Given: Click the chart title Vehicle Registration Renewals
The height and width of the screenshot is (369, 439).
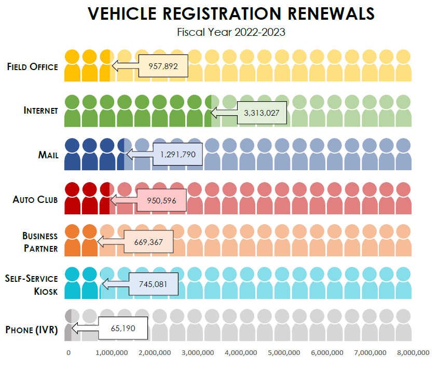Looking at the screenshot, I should (231, 14).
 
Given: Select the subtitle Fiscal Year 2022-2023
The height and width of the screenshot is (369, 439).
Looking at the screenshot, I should (231, 32).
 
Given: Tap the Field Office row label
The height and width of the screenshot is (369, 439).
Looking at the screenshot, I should (32, 66).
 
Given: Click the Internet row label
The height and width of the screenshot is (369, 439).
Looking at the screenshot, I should (41, 111).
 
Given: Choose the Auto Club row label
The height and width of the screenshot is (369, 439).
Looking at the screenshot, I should (35, 199).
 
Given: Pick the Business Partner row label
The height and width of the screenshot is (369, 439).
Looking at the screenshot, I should (40, 242).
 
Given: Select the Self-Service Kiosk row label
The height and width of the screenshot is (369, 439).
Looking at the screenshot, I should (32, 285).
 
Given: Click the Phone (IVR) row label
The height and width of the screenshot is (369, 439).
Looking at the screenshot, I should (32, 330).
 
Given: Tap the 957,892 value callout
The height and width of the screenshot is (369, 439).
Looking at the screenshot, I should (163, 66).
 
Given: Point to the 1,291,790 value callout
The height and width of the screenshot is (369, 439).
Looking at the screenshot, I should (178, 155).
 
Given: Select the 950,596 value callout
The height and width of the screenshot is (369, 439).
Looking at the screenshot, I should (162, 199).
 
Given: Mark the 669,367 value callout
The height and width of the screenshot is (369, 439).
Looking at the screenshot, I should (148, 242).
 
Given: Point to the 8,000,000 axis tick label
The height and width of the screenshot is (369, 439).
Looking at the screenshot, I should (413, 353).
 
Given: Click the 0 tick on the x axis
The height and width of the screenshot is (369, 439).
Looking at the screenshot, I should (68, 353).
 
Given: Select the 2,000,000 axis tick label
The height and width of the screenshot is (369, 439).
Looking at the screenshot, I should (155, 353).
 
